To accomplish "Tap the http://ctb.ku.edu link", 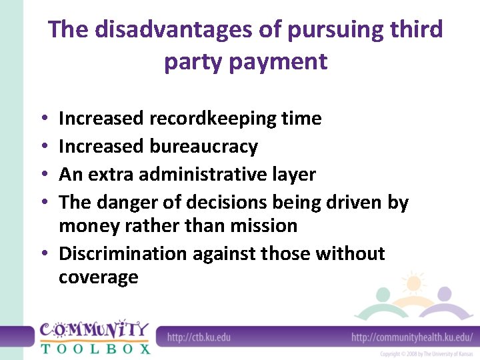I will pos(199,337).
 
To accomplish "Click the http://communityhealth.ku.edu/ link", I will pos(411,337).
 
